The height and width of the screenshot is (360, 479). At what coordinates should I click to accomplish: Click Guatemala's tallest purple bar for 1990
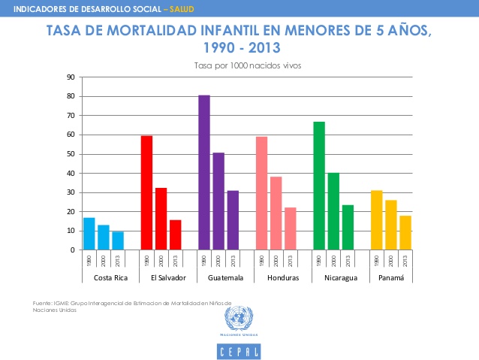tap(204, 172)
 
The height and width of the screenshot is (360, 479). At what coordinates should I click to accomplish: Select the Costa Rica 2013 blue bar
tap(118, 241)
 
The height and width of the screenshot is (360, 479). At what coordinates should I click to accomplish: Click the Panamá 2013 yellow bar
tap(405, 232)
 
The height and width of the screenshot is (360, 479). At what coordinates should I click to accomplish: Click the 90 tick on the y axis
tap(70, 77)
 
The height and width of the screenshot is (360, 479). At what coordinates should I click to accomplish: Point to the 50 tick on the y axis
tap(70, 154)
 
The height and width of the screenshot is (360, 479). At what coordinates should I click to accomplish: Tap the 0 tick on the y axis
tap(72, 250)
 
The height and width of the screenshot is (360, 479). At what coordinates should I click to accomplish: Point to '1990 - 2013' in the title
tap(239, 48)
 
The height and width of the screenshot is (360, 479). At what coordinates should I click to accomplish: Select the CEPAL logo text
tap(239, 350)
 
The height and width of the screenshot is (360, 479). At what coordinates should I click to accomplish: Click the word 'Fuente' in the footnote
tap(43, 302)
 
